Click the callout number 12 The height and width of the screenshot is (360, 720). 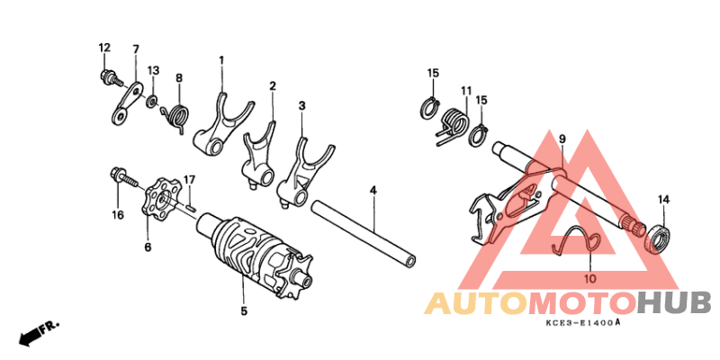coord(104,48)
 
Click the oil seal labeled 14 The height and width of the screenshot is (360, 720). coord(657,237)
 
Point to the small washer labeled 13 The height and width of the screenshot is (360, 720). coord(152,101)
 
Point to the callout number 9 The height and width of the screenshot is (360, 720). coord(562,139)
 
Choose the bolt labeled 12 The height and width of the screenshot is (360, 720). coord(111,78)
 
